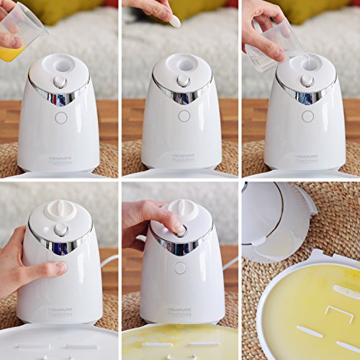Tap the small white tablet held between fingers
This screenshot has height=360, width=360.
tap(174, 21)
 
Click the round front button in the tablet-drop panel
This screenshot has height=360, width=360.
tap(184, 115)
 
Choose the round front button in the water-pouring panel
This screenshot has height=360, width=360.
tap(307, 116)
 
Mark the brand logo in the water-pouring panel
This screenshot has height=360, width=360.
tap(306, 158)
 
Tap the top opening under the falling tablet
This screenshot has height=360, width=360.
tap(184, 64)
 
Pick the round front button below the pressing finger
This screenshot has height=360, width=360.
tap(180, 267)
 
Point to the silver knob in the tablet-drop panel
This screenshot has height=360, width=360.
tap(184, 81)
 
